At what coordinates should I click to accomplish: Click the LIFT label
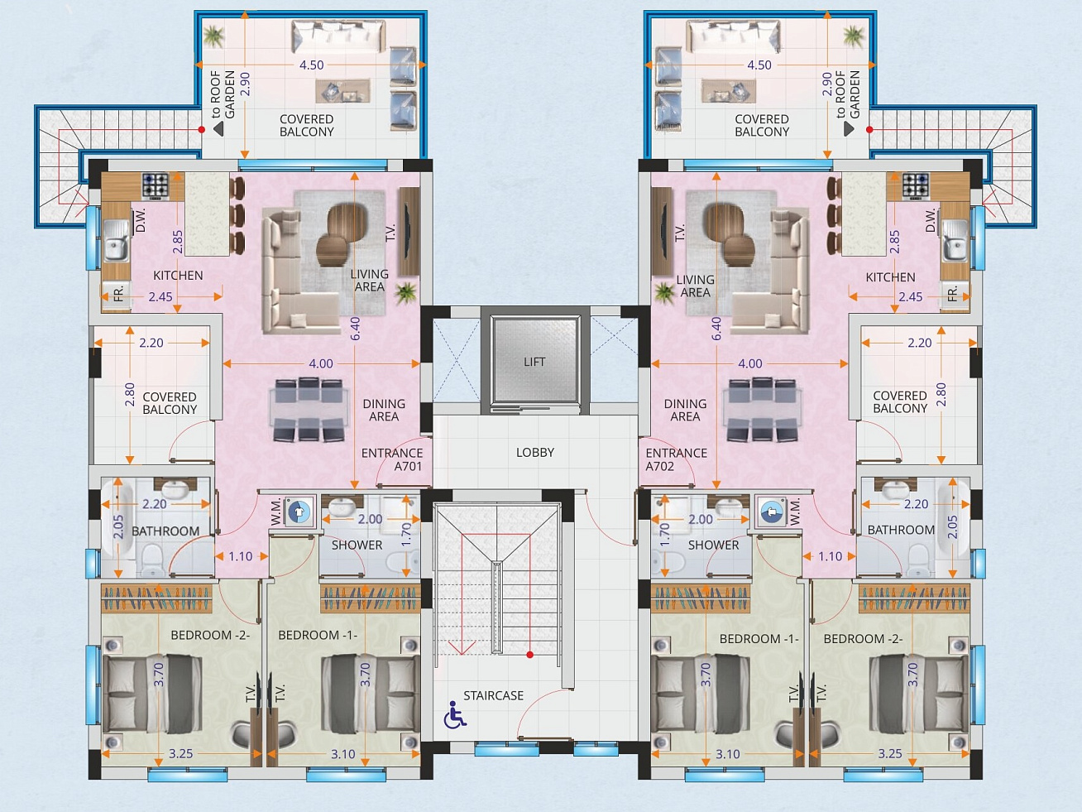pyautogui.click(x=534, y=362)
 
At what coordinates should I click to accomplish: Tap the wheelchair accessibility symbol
pyautogui.click(x=454, y=715)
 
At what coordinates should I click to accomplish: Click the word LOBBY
pyautogui.click(x=535, y=452)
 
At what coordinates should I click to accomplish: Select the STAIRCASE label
pyautogui.click(x=493, y=695)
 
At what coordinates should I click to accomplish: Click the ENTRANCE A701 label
pyautogui.click(x=392, y=459)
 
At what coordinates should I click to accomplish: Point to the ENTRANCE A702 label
pyautogui.click(x=677, y=459)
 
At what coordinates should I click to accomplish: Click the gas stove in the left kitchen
pyautogui.click(x=156, y=186)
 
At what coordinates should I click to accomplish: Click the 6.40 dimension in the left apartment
pyautogui.click(x=356, y=329)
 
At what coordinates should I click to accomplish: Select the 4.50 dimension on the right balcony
pyautogui.click(x=759, y=65)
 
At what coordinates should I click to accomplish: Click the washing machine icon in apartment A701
pyautogui.click(x=299, y=512)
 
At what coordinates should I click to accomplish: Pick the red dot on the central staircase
pyautogui.click(x=530, y=655)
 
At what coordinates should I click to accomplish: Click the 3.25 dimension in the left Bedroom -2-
pyautogui.click(x=180, y=753)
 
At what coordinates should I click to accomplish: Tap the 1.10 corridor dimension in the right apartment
pyautogui.click(x=830, y=556)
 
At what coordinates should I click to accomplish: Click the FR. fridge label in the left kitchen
pyautogui.click(x=118, y=295)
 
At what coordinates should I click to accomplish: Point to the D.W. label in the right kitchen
pyautogui.click(x=930, y=221)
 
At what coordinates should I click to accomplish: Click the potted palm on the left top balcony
pyautogui.click(x=214, y=36)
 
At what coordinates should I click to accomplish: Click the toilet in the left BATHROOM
pyautogui.click(x=152, y=560)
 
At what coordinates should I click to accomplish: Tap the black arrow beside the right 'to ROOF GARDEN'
pyautogui.click(x=849, y=129)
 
